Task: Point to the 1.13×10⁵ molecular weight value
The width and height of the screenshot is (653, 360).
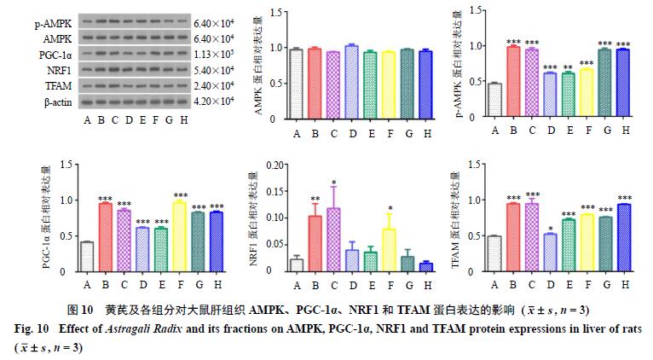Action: pyautogui.click(x=214, y=55)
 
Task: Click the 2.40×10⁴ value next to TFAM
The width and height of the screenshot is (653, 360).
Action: pyautogui.click(x=214, y=86)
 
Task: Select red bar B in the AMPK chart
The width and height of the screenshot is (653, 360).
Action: pyautogui.click(x=315, y=84)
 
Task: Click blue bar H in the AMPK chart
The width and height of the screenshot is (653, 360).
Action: pyautogui.click(x=425, y=86)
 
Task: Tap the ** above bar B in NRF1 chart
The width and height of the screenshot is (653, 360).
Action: pyautogui.click(x=315, y=200)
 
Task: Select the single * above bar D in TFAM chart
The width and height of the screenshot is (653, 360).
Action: pyautogui.click(x=550, y=228)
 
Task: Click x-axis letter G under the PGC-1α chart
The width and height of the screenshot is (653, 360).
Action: pyautogui.click(x=197, y=285)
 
